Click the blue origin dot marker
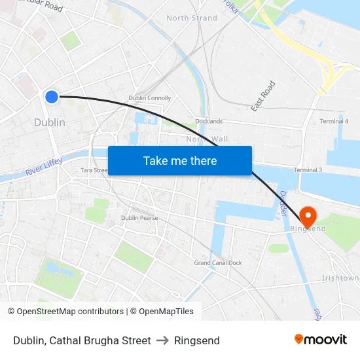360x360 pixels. (52, 97)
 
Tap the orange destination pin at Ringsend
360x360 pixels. (307, 215)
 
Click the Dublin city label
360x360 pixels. (49, 122)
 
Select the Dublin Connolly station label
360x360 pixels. (149, 98)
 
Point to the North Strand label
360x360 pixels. (191, 18)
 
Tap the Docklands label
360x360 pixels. (208, 121)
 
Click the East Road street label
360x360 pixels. (263, 96)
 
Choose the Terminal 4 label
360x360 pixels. (333, 121)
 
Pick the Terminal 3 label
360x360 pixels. (308, 170)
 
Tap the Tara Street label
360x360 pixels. (94, 170)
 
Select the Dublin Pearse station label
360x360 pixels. (139, 218)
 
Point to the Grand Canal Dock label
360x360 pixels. (217, 263)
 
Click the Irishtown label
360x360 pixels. (340, 278)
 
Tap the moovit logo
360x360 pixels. (320, 340)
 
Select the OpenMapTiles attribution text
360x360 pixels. (162, 312)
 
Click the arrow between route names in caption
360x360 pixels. (162, 340)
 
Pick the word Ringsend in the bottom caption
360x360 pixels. (197, 340)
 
